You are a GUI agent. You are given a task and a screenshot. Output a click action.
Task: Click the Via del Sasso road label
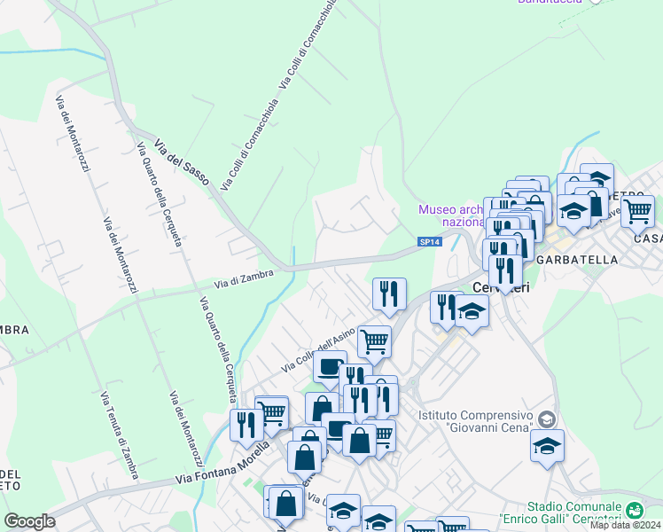181,162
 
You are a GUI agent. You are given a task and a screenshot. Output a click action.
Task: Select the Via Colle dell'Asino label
318,350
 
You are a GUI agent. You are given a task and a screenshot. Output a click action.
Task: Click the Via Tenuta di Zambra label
119,435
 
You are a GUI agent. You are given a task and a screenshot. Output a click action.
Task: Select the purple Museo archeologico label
449,215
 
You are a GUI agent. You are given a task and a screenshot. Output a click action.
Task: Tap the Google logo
29,521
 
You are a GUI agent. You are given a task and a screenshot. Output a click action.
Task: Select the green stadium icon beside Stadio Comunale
634,510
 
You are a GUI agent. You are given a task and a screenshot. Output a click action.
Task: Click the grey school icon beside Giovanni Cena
547,419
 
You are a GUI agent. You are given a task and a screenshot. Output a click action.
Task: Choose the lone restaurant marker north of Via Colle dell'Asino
388,293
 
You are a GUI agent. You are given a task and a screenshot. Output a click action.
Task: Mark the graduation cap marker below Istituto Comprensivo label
547,446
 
